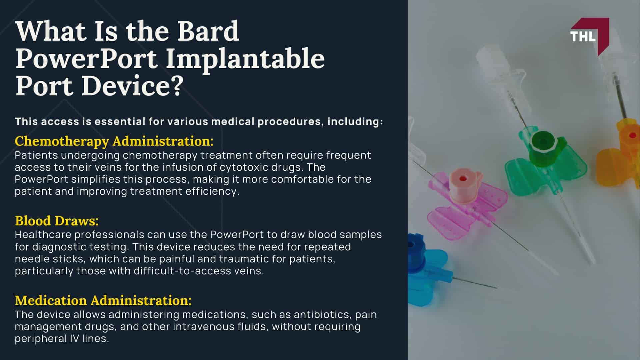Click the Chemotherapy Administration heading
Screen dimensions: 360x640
[114, 141]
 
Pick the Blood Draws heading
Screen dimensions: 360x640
[57, 221]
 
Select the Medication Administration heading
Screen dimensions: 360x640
[103, 300]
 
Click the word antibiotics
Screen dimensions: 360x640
[322, 314]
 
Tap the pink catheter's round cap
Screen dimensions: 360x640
[462, 179]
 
